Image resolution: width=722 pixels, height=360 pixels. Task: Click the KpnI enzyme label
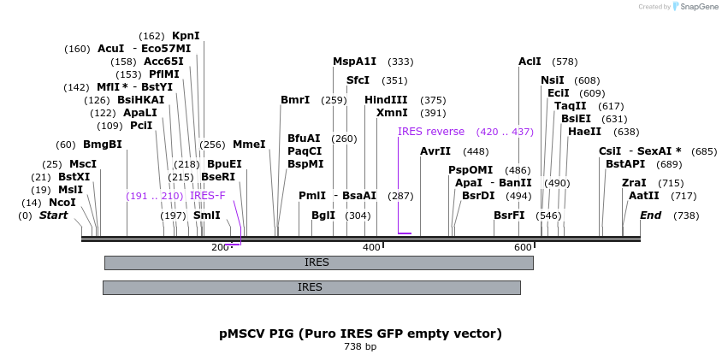186,36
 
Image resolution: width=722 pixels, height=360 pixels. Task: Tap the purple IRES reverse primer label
431,132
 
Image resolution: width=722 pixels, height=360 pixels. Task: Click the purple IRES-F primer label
208,196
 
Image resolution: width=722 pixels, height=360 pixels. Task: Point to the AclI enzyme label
530,62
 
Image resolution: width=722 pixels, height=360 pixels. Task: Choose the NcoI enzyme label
62,203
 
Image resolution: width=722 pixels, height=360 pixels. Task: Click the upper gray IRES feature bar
318,263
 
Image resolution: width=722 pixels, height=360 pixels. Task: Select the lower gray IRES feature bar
311,287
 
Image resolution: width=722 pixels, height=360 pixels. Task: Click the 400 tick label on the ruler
371,247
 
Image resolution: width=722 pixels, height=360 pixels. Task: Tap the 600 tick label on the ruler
523,247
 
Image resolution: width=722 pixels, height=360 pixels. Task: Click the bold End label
650,215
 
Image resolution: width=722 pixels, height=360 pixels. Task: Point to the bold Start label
53,215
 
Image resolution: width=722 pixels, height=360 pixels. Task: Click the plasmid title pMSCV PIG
360,333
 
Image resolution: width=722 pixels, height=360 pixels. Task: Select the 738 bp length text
360,347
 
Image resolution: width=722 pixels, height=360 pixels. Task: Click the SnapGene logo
696,7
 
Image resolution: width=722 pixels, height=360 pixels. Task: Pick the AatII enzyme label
643,196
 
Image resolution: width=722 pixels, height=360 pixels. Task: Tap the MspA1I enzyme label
354,62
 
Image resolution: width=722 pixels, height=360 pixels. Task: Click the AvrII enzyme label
435,151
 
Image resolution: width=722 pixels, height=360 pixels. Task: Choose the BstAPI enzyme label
625,164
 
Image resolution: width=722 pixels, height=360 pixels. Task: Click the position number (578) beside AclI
565,62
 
